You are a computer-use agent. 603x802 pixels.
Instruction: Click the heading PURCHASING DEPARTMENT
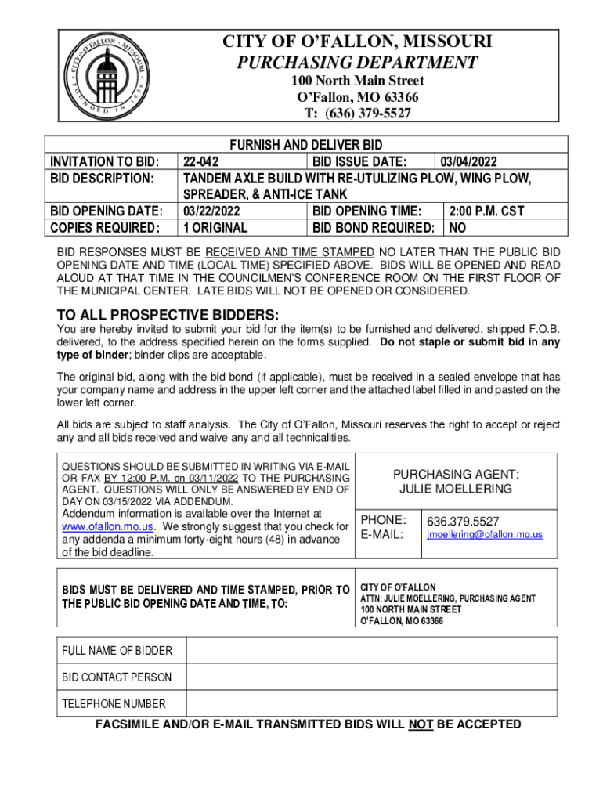(357, 63)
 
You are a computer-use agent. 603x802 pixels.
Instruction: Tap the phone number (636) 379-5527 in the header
(358, 114)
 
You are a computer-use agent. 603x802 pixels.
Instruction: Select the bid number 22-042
(200, 162)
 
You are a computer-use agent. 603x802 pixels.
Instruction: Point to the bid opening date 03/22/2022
(211, 211)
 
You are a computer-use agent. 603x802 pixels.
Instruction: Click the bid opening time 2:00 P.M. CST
(486, 211)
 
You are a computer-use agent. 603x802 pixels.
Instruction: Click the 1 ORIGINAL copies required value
(215, 228)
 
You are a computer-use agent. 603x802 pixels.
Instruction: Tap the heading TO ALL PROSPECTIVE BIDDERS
(168, 316)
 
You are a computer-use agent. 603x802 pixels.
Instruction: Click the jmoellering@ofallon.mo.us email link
(484, 534)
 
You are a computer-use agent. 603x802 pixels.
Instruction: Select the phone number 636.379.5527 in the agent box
(462, 521)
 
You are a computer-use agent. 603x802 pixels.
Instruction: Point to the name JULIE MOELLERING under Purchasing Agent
(456, 489)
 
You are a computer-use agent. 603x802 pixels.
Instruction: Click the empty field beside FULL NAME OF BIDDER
(371, 651)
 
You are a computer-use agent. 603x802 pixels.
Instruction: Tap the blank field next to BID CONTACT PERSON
(371, 677)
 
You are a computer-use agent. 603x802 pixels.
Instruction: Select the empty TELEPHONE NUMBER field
(371, 703)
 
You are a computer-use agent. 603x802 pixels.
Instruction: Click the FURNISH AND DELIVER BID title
(305, 146)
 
